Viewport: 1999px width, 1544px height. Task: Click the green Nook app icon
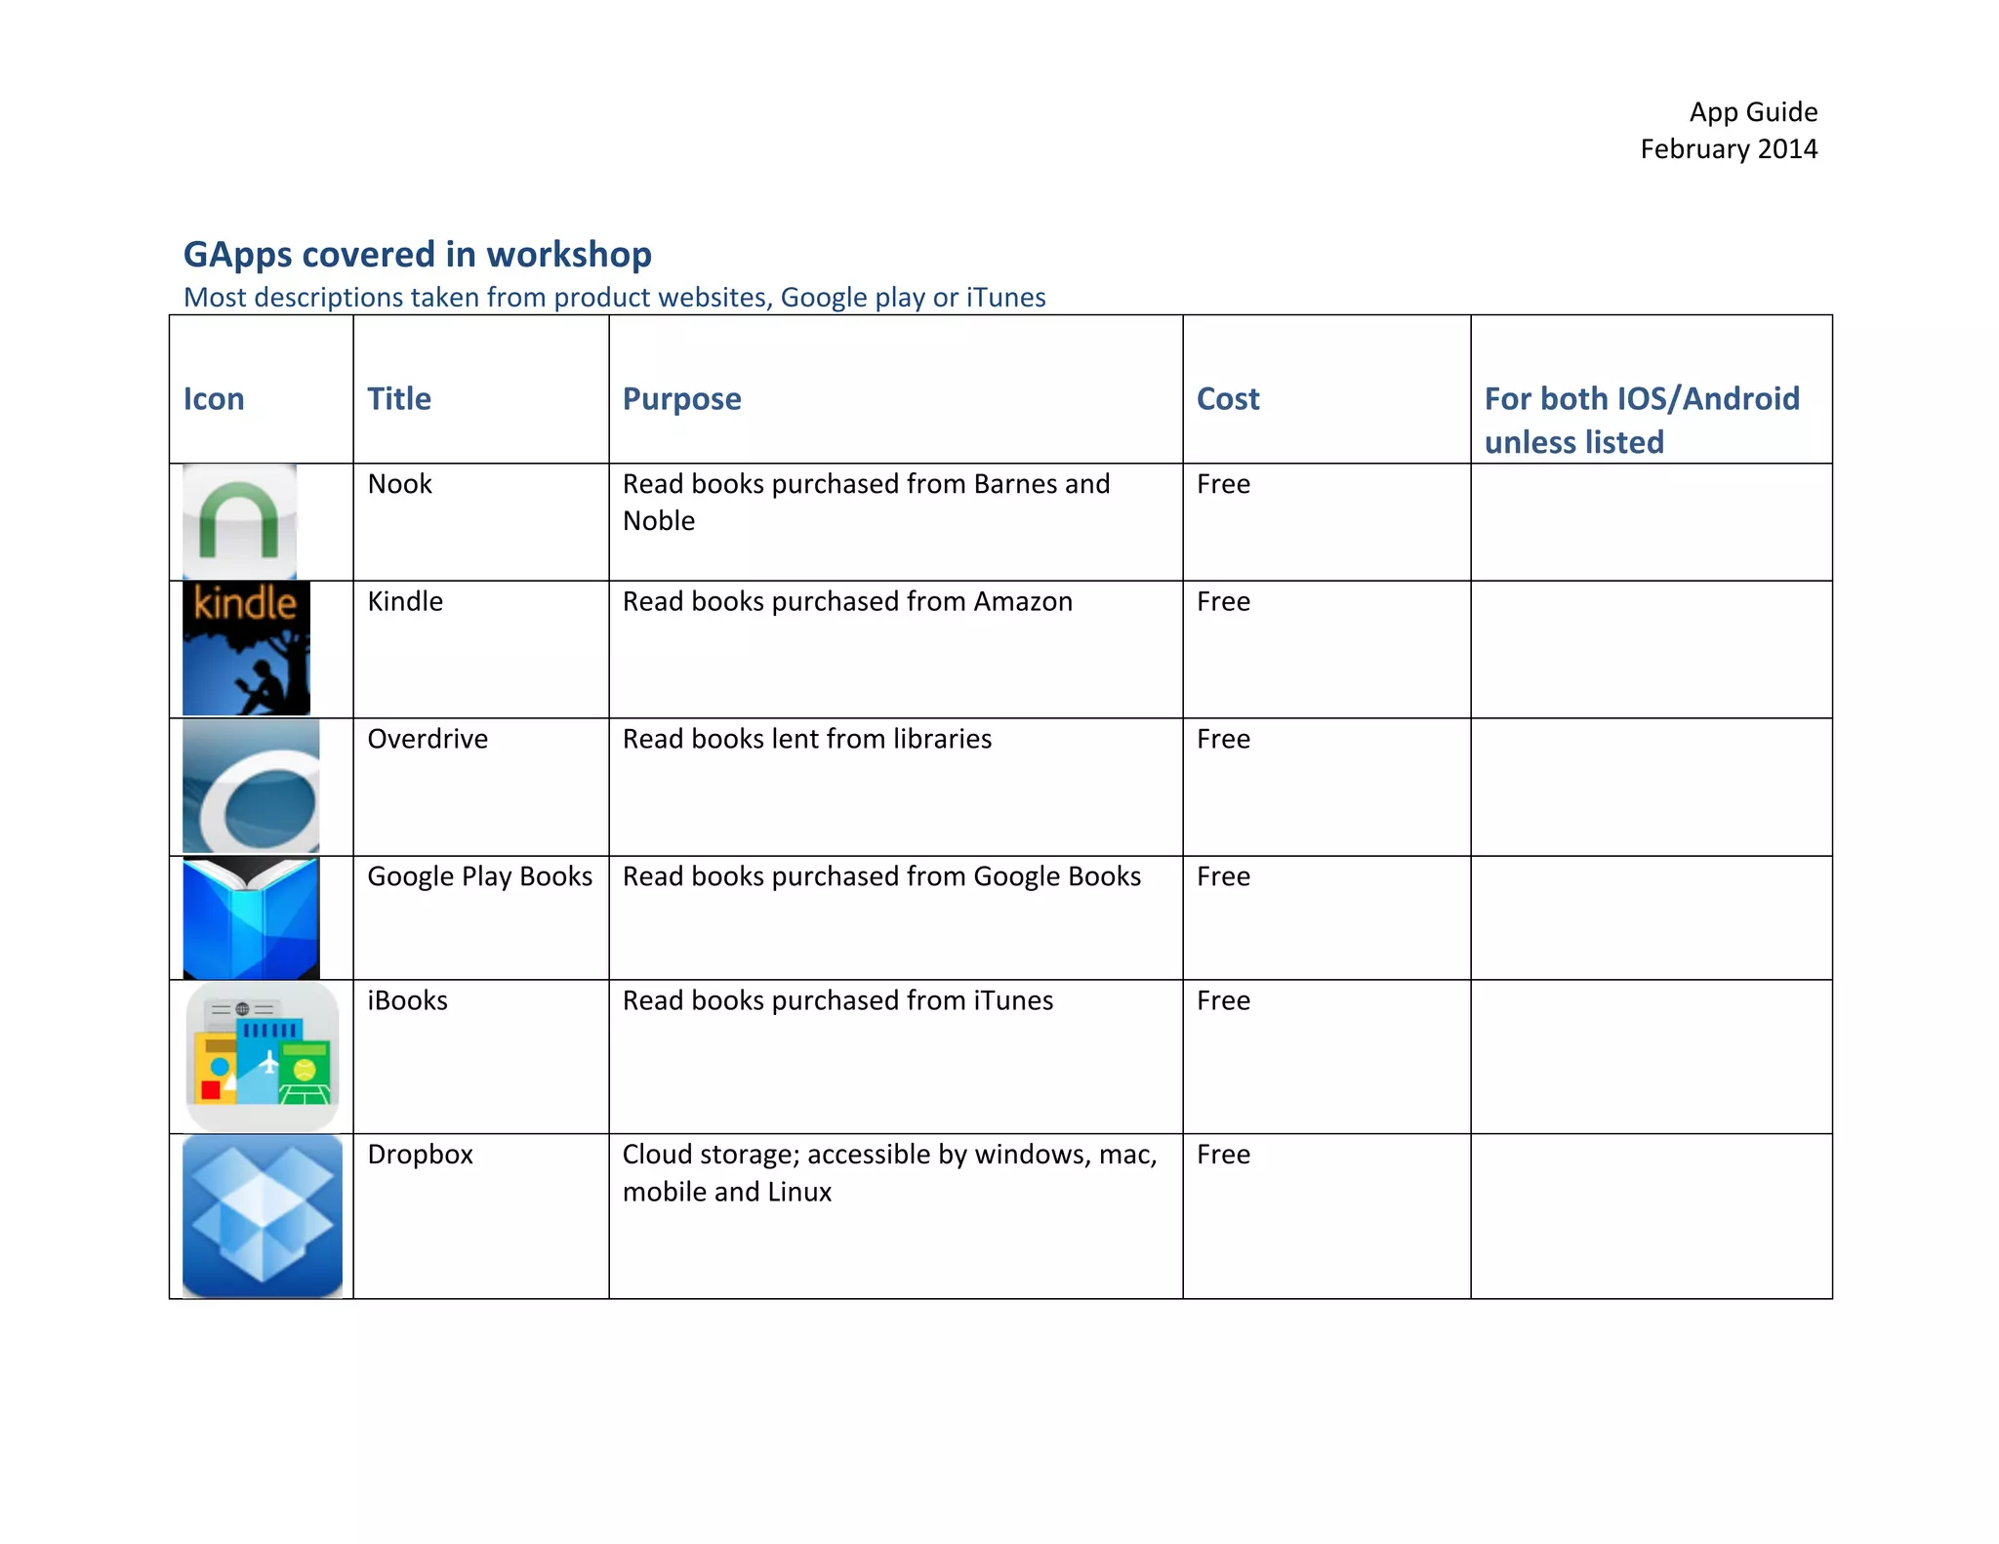pyautogui.click(x=239, y=521)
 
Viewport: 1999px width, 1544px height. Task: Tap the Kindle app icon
pyautogui.click(x=246, y=648)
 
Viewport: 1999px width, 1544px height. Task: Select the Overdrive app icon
pyautogui.click(x=251, y=787)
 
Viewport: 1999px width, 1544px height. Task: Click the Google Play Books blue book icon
pyautogui.click(x=251, y=917)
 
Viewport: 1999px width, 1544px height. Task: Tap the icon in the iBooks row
pyautogui.click(x=262, y=1057)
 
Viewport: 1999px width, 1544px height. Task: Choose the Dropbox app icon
pyautogui.click(x=262, y=1215)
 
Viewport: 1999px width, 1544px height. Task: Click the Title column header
pyautogui.click(x=399, y=399)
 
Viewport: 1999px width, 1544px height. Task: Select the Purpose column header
pyautogui.click(x=681, y=399)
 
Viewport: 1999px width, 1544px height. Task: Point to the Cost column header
pyautogui.click(x=1228, y=399)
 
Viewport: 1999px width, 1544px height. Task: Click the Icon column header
pyautogui.click(x=214, y=399)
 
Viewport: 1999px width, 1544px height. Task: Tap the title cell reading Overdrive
pyautogui.click(x=428, y=739)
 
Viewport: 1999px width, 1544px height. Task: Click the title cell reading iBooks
pyautogui.click(x=407, y=1000)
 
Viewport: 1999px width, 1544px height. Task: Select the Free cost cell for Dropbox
pyautogui.click(x=1223, y=1155)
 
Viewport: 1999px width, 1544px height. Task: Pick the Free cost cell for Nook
pyautogui.click(x=1223, y=484)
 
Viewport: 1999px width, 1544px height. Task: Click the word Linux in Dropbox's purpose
pyautogui.click(x=799, y=1192)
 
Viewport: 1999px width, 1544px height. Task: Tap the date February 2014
pyautogui.click(x=1728, y=149)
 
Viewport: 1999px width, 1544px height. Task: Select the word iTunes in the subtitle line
pyautogui.click(x=1005, y=297)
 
